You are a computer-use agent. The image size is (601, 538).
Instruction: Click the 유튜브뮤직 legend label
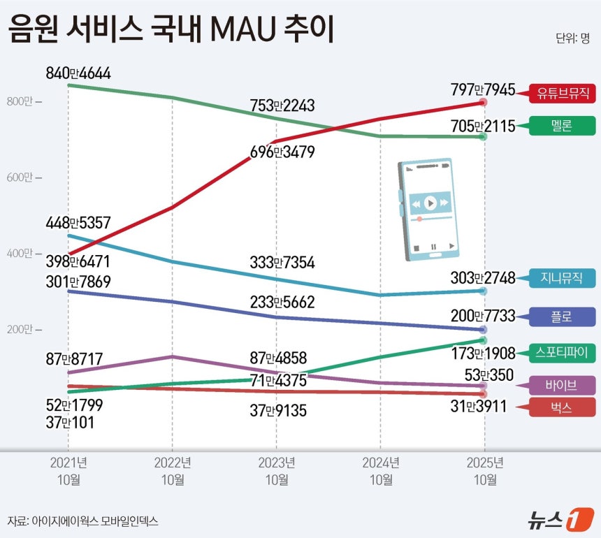[563, 92]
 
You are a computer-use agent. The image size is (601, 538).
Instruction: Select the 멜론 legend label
[563, 126]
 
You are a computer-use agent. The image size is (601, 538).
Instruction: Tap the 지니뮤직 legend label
[563, 278]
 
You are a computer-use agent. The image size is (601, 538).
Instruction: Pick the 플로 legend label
[563, 317]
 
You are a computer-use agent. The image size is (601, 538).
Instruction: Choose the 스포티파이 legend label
[563, 352]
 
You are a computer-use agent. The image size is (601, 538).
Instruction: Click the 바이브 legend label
[563, 385]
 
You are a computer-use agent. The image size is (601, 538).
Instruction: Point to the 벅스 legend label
[563, 409]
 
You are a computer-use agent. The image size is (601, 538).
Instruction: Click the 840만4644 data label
[78, 73]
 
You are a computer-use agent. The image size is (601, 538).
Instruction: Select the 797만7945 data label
[483, 90]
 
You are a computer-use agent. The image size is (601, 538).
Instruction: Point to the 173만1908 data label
[483, 353]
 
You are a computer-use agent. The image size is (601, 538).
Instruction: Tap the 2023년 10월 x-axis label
[276, 471]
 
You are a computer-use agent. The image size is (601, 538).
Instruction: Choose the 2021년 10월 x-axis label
[68, 471]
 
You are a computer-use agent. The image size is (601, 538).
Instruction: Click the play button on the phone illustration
[430, 203]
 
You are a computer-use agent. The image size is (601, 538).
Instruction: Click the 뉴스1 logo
[554, 519]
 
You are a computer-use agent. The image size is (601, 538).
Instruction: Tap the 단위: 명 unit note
[573, 38]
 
